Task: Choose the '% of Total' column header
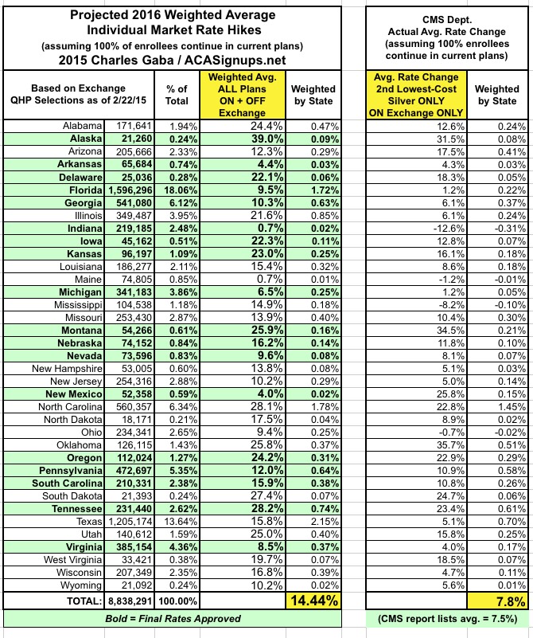pyautogui.click(x=178, y=95)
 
